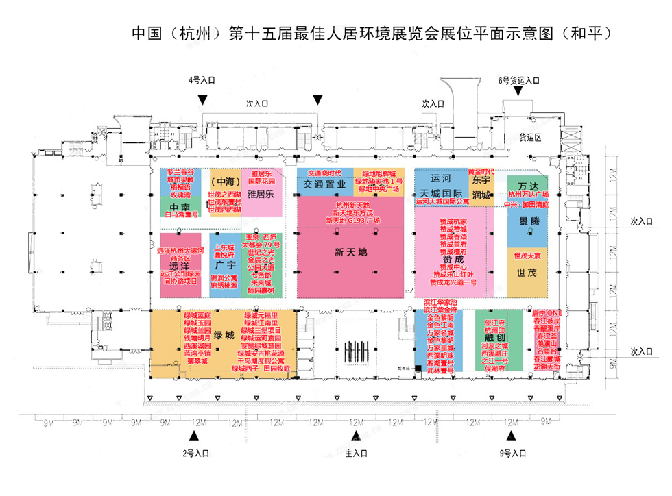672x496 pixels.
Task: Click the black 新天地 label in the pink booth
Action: (x=350, y=252)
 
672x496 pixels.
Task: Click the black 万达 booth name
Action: (x=528, y=186)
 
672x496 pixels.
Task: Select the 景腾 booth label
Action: (x=528, y=221)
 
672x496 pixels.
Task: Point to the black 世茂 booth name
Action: (x=527, y=273)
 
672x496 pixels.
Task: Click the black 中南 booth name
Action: (x=180, y=207)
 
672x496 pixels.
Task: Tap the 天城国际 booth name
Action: (x=442, y=194)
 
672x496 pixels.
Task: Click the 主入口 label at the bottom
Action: (x=356, y=453)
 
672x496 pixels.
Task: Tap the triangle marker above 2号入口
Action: (x=194, y=436)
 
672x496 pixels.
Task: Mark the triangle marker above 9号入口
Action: (x=511, y=436)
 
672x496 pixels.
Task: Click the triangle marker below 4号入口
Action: (x=202, y=100)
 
